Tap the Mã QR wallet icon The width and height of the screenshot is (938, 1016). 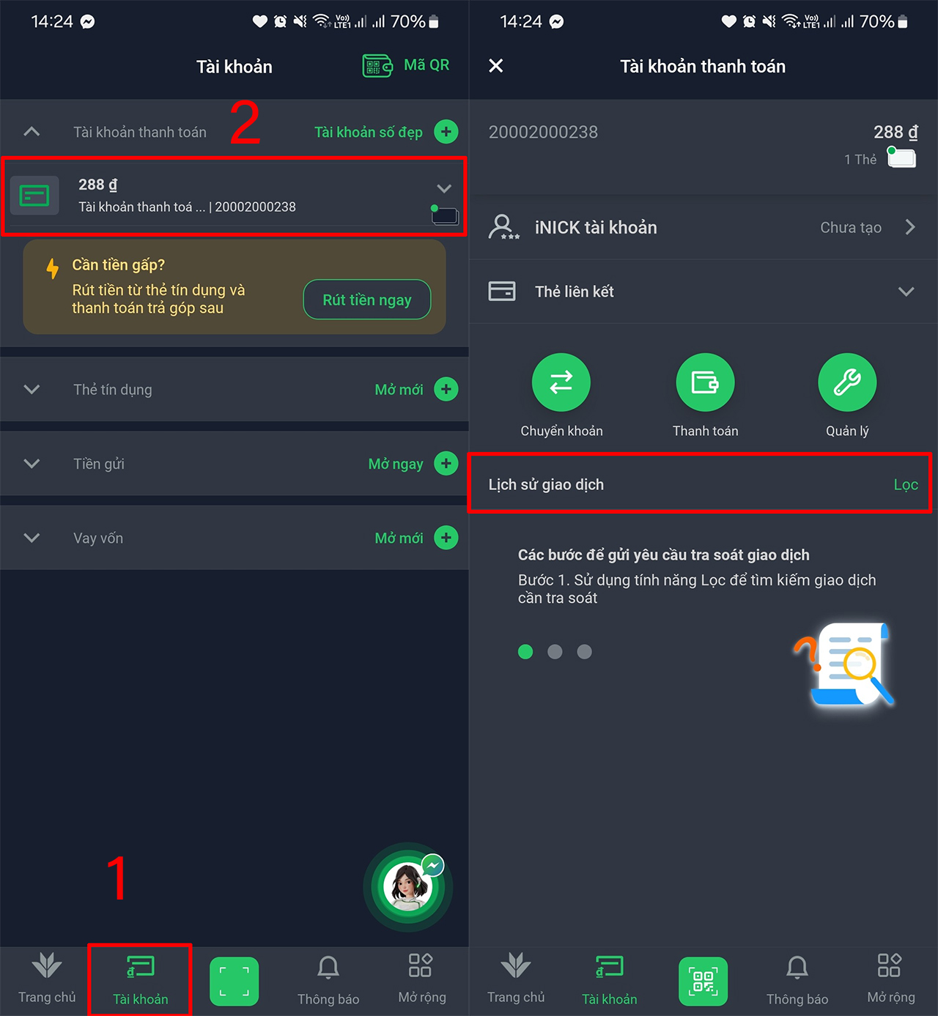click(x=377, y=65)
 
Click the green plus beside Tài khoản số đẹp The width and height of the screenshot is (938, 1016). click(x=446, y=132)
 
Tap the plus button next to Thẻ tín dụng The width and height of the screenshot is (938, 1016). click(x=446, y=389)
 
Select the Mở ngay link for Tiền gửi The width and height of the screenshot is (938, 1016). click(x=396, y=464)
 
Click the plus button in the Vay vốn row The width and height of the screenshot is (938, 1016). click(x=446, y=538)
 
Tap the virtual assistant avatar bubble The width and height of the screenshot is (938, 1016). click(x=408, y=886)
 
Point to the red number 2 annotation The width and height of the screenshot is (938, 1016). click(x=245, y=123)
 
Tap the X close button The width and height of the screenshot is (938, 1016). click(x=495, y=65)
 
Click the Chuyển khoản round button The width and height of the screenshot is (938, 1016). click(x=561, y=382)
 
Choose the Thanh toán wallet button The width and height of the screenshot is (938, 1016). click(x=705, y=382)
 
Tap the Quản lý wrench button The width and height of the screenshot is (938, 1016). click(x=847, y=382)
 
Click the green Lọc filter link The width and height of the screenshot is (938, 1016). click(x=906, y=485)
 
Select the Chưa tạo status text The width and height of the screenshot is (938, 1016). click(x=851, y=227)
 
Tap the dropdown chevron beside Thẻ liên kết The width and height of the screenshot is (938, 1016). click(x=906, y=292)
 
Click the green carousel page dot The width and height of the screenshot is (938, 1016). click(x=525, y=652)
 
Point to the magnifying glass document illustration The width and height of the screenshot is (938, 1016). click(x=845, y=664)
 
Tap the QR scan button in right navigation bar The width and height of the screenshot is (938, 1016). click(x=703, y=982)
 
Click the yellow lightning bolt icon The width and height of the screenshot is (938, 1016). click(x=52, y=269)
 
